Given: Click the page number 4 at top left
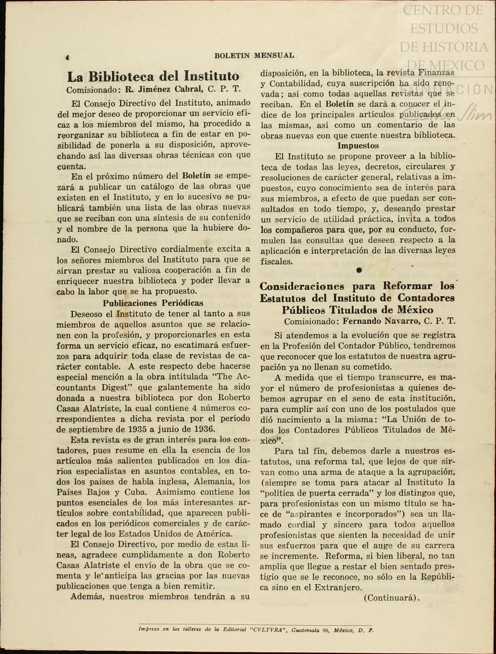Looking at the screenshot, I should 67,58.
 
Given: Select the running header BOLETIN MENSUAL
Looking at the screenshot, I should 254,56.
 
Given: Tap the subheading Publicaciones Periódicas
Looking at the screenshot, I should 153,303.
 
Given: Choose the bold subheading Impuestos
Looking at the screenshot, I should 358,146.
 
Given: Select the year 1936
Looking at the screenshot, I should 199,429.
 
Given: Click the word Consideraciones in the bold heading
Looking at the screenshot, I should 302,286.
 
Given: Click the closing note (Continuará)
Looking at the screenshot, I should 392,598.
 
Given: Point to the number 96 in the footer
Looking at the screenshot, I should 324,630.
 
